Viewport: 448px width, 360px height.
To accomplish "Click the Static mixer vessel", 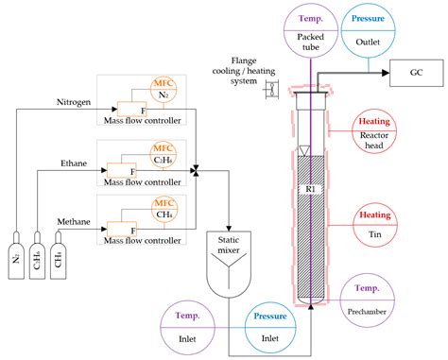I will [232, 263].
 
